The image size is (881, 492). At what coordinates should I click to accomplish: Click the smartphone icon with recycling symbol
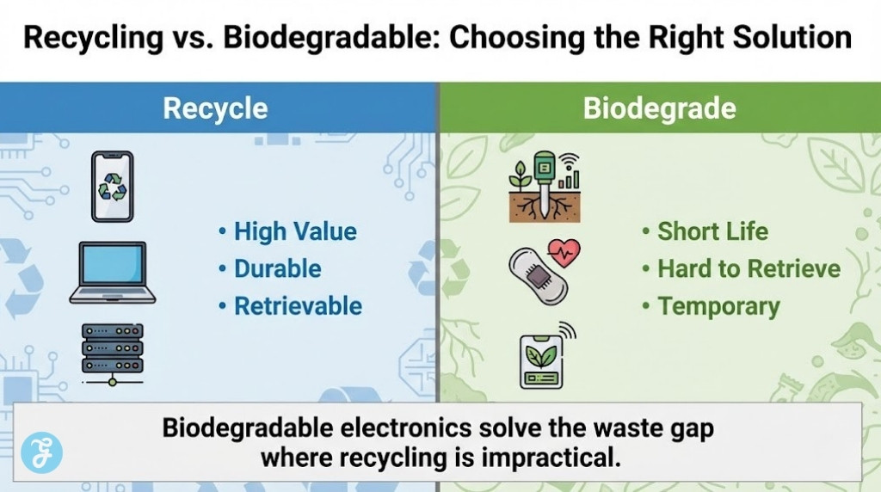(113, 187)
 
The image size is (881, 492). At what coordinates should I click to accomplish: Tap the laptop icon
(113, 273)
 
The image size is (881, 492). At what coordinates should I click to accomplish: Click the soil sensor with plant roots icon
(545, 188)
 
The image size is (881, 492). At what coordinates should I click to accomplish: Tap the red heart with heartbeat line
(564, 254)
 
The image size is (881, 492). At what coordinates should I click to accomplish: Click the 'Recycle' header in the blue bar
(215, 109)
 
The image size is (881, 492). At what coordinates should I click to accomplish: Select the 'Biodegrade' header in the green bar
(659, 109)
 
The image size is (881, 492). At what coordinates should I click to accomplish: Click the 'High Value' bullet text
(295, 231)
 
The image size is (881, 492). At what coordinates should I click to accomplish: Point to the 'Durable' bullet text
(277, 268)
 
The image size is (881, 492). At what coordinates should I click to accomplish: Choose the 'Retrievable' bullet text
(298, 306)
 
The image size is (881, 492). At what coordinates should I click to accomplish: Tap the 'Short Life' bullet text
(712, 231)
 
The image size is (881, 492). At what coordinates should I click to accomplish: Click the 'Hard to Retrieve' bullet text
(749, 268)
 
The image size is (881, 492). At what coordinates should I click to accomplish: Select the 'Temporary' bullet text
(718, 306)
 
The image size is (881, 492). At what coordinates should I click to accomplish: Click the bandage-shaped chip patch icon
(539, 276)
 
